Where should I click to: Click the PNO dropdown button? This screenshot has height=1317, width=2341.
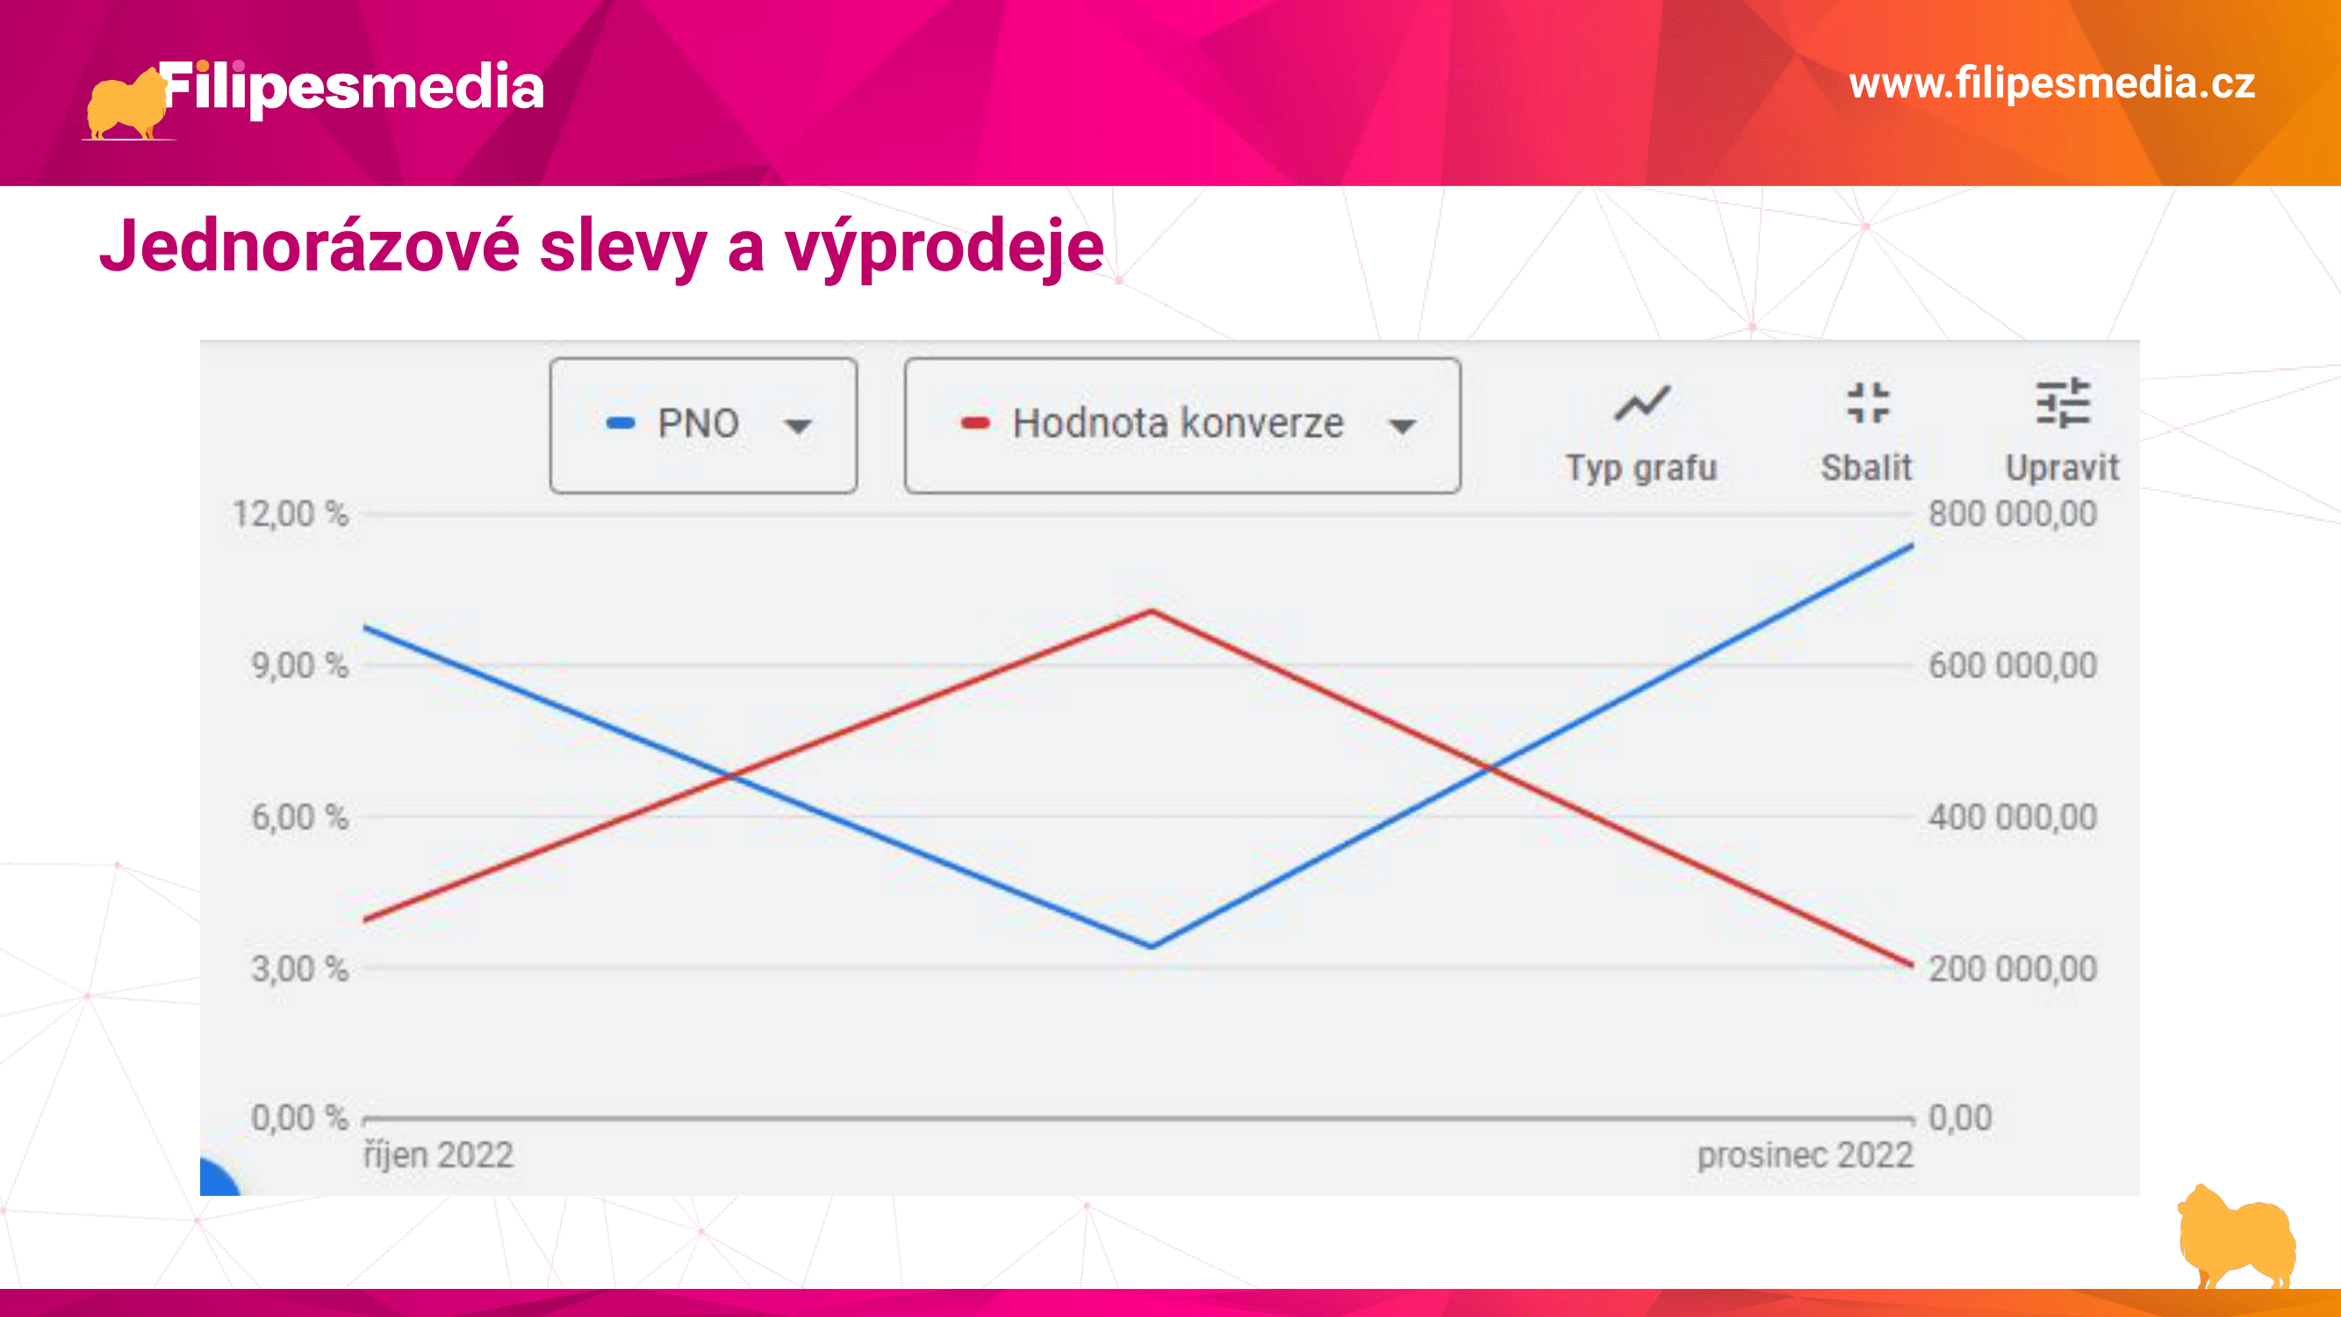[x=703, y=424]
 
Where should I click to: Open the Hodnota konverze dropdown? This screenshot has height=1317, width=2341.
[x=1182, y=424]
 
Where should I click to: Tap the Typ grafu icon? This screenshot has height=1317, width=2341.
[x=1641, y=404]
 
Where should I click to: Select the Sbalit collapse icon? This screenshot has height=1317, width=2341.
[x=1868, y=403]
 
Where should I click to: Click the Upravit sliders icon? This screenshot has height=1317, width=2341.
[x=2063, y=403]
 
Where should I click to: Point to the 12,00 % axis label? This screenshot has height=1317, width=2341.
[x=290, y=515]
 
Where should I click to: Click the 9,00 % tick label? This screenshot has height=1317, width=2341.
[x=300, y=666]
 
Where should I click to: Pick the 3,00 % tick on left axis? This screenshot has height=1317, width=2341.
[x=300, y=969]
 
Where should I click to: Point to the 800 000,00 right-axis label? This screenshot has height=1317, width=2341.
[x=2013, y=515]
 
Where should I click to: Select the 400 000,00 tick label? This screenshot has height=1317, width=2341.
[x=2013, y=817]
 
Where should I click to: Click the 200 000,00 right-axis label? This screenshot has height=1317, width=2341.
[x=2013, y=969]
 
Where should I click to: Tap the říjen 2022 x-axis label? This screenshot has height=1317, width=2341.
[x=439, y=1156]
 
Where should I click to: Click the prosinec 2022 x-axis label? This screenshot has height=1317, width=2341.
[x=1806, y=1156]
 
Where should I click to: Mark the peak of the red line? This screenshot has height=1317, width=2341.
[x=1152, y=611]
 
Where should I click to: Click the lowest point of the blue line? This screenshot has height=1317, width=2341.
[x=1152, y=946]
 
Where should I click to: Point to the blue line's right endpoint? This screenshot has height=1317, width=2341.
[x=1913, y=545]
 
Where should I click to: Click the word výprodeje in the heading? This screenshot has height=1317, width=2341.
[x=944, y=248]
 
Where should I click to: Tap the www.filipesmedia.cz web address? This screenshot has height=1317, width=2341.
[x=2052, y=83]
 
